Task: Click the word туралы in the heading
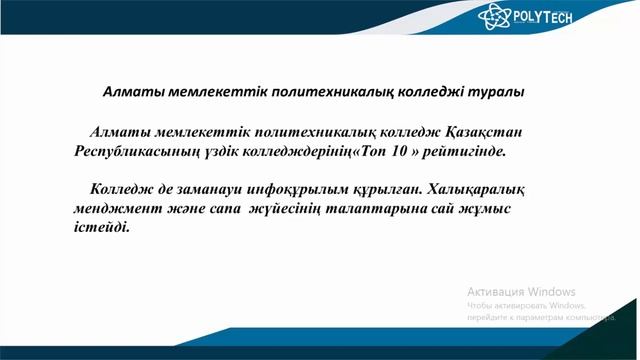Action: [497, 91]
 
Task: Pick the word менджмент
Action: [119, 209]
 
